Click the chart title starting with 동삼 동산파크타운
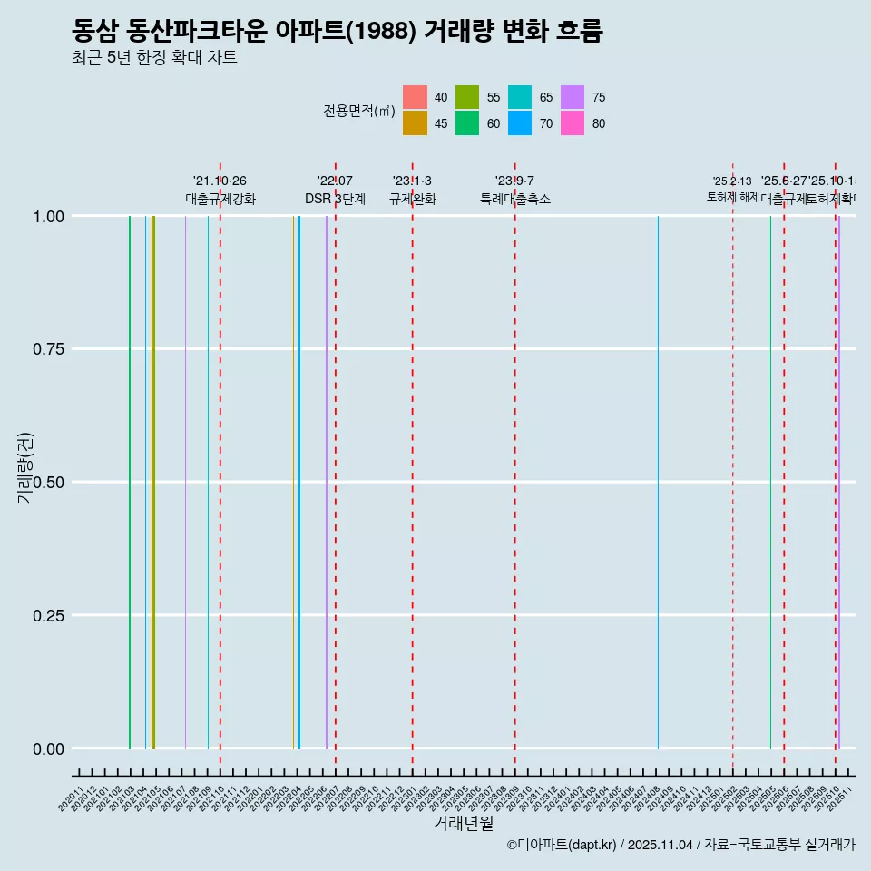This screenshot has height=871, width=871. pos(337,32)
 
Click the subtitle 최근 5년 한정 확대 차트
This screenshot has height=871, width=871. pos(154,59)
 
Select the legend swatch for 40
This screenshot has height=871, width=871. pos(415,97)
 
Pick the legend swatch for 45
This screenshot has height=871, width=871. pos(415,123)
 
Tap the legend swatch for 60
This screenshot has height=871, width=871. pos(467,123)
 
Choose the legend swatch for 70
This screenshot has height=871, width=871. pos(520,123)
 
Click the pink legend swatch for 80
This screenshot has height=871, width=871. pos(573,123)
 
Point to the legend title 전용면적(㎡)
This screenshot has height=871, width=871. pos(359,111)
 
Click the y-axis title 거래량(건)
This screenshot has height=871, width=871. pos(25,468)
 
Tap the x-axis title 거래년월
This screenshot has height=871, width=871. pos(463,824)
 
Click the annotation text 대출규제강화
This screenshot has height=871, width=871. pos(220,199)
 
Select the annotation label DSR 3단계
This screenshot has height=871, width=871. pos(335,199)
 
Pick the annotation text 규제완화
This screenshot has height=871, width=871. pos(413,199)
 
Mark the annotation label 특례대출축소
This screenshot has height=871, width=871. pos(515,199)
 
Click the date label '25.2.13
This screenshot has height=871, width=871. pos(732,181)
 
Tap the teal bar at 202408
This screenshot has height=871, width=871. pos(658,481)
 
